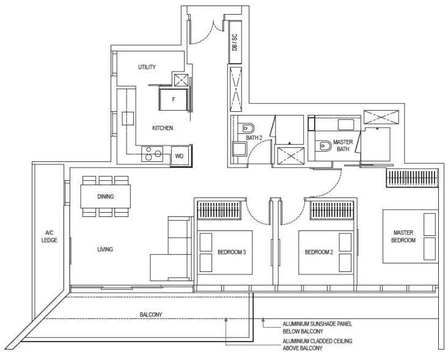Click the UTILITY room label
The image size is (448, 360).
[x=147, y=67]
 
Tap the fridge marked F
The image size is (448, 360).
[x=174, y=100]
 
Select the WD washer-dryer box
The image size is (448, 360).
[x=180, y=156]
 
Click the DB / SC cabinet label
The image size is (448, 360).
[x=235, y=42]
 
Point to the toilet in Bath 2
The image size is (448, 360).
[x=246, y=128]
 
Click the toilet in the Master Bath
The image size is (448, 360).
[x=323, y=146]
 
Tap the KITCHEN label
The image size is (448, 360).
[x=163, y=128]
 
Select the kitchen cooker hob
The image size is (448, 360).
[x=152, y=154]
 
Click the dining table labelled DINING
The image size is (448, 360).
[x=105, y=196]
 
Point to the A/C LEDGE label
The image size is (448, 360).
[x=49, y=237]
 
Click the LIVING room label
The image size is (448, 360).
[x=105, y=249]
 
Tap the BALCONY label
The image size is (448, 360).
[x=151, y=315]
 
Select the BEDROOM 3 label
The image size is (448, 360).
[x=232, y=252]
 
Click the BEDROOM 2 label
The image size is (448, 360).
[x=319, y=252]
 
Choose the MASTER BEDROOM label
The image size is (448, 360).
[x=403, y=237]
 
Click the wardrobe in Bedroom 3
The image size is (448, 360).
[x=219, y=210]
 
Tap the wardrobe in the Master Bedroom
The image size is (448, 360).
[x=412, y=178]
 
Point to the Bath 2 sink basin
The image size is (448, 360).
[x=240, y=149]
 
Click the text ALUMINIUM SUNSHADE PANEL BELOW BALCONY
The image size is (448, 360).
[x=317, y=328]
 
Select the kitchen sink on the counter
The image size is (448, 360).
[x=128, y=119]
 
